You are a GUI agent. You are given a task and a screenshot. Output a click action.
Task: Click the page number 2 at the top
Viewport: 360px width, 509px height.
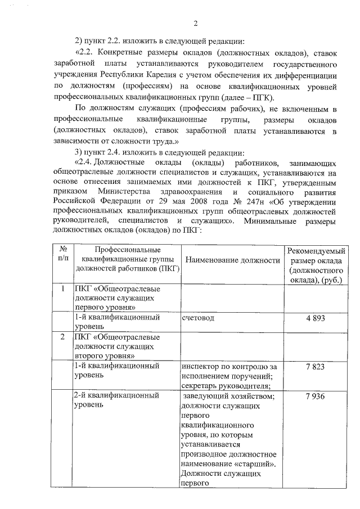pyautogui.click(x=195, y=23)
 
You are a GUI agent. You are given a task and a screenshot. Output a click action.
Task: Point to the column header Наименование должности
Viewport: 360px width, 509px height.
pyautogui.click(x=232, y=260)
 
